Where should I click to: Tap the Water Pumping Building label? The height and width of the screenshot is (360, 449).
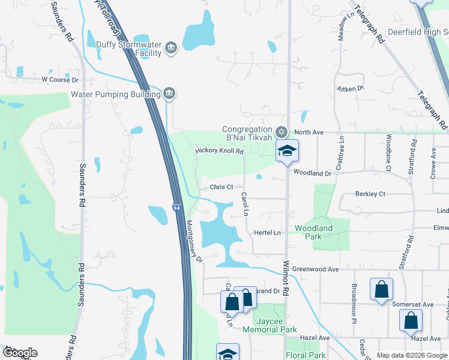tap(115, 94)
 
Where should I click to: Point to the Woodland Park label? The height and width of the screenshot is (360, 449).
tap(313, 232)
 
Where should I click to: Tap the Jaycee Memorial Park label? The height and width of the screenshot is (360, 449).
tap(270, 325)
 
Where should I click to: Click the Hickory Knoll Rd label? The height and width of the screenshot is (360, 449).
tap(218, 151)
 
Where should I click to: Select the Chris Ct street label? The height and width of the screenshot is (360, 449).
tap(221, 187)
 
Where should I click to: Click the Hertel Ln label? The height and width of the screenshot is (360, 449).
tap(268, 232)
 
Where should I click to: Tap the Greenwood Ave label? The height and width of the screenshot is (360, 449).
tap(318, 269)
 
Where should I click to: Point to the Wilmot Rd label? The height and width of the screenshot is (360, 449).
tap(286, 281)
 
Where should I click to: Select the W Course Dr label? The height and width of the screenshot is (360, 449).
tap(60, 79)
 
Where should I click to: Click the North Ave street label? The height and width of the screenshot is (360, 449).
tap(309, 132)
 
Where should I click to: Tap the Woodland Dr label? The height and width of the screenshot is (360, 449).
tap(312, 173)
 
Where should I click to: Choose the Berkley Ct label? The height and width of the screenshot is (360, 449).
tap(370, 194)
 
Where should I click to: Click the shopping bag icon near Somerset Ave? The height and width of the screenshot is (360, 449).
tap(382, 290)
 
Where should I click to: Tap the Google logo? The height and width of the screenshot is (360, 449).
tap(19, 353)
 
